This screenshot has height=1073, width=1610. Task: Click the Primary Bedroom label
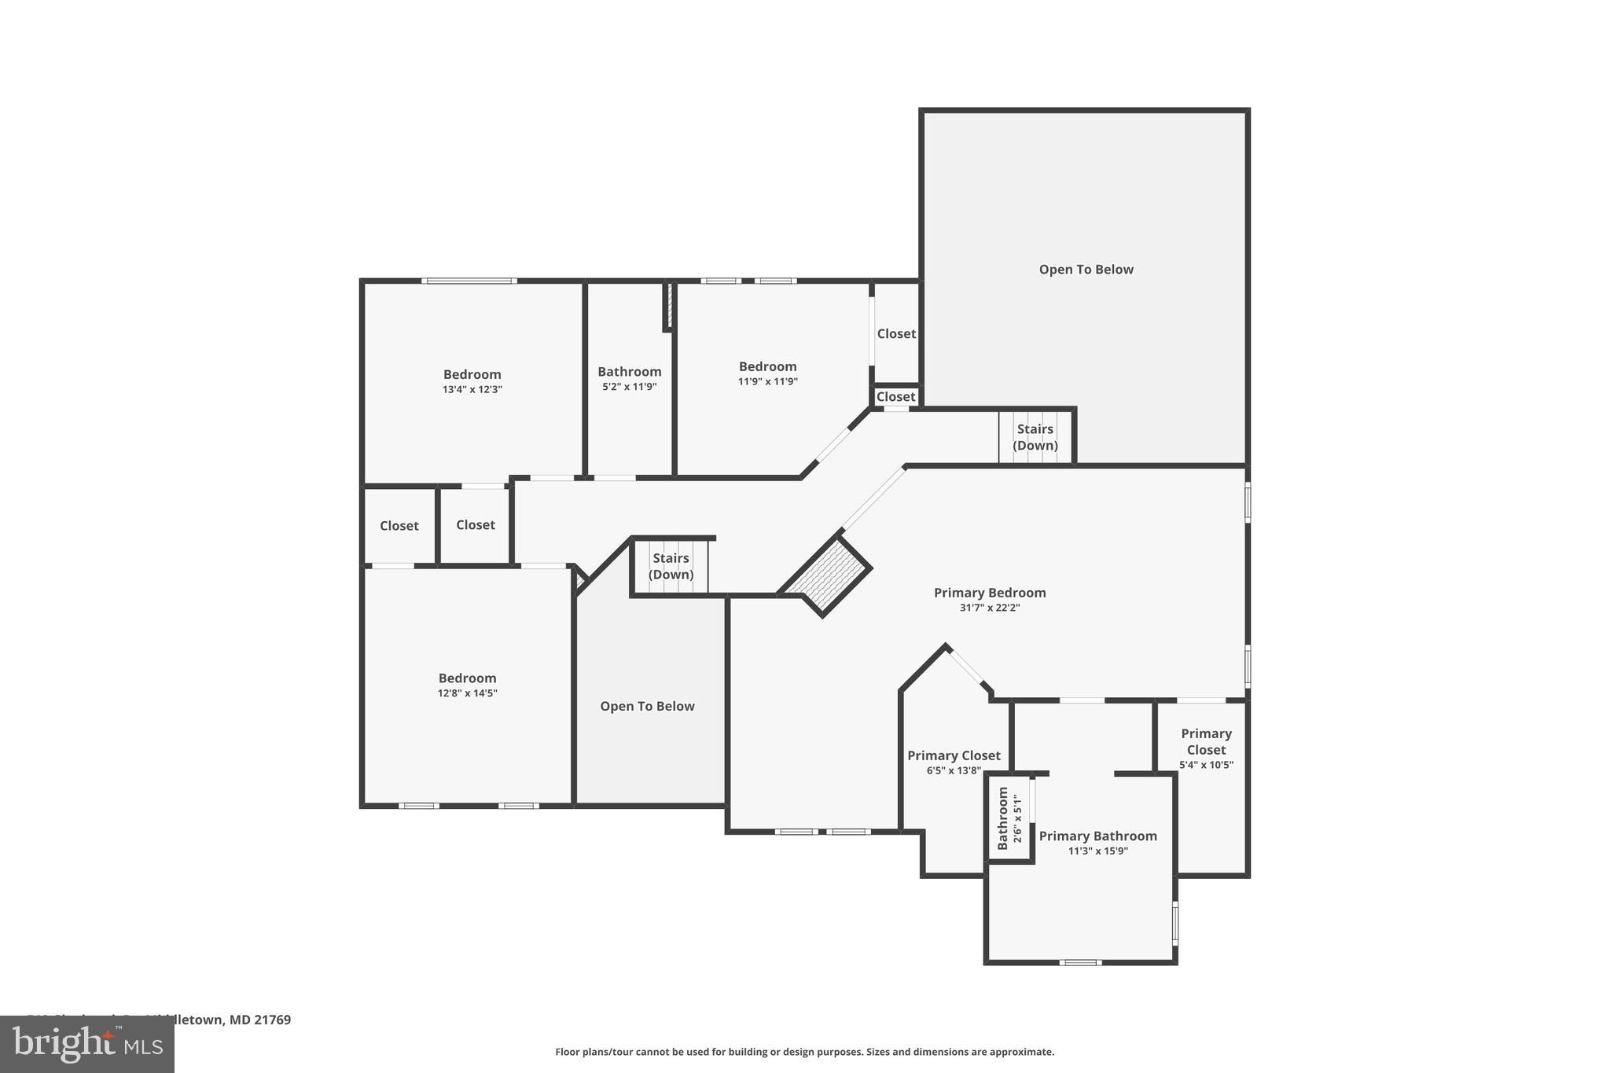(989, 593)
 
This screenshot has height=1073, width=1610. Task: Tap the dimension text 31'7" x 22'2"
(989, 608)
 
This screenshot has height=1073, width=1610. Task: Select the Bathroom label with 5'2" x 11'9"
(629, 372)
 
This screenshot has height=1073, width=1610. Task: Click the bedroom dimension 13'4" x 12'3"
(472, 389)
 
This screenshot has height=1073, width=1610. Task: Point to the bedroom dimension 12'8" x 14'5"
(467, 693)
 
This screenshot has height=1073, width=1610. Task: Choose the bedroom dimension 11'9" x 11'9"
(767, 381)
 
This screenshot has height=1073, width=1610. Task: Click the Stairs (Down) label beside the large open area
(1035, 437)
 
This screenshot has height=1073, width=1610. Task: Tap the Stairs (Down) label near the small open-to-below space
(671, 566)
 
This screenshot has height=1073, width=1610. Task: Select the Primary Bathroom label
(1097, 836)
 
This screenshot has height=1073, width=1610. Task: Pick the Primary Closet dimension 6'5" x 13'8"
(954, 770)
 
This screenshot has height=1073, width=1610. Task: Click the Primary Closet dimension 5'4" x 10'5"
(1206, 765)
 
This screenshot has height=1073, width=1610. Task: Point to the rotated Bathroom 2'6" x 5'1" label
(1009, 818)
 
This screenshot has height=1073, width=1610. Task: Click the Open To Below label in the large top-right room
(1086, 270)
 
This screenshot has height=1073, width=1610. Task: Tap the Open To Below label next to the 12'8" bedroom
(647, 706)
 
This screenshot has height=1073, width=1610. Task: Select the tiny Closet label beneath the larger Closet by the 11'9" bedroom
(895, 397)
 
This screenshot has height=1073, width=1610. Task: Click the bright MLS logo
(87, 1045)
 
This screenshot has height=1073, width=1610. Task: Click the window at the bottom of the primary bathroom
(1079, 962)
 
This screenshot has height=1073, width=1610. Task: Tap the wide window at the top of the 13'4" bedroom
(469, 281)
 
